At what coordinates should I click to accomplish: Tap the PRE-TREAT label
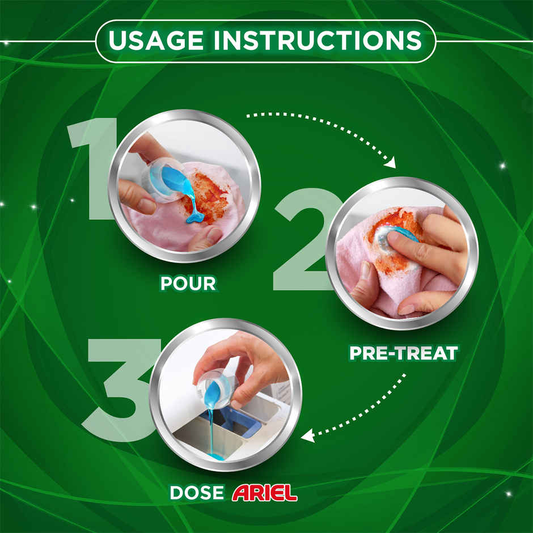403,353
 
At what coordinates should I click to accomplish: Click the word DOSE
197,492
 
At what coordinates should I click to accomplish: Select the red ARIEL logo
264,492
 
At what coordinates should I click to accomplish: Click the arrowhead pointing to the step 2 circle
390,163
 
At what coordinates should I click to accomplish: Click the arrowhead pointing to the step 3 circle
307,436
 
